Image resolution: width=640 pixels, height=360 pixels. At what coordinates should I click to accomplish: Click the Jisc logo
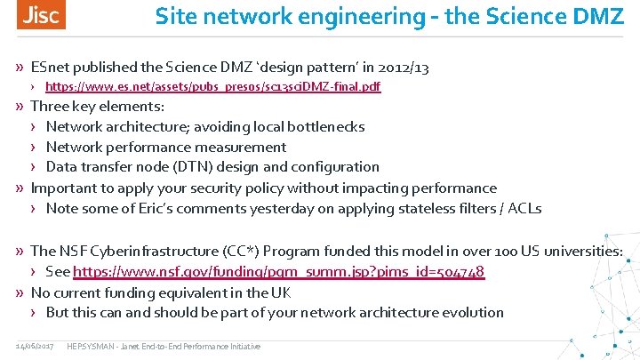point(40,16)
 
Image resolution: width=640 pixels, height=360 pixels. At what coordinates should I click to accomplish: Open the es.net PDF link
point(212,88)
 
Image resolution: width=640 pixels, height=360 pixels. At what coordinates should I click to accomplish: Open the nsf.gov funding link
point(278,271)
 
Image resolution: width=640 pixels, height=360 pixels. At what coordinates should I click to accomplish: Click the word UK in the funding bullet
point(281,292)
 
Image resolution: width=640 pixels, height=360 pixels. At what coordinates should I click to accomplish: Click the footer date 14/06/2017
point(34,346)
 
